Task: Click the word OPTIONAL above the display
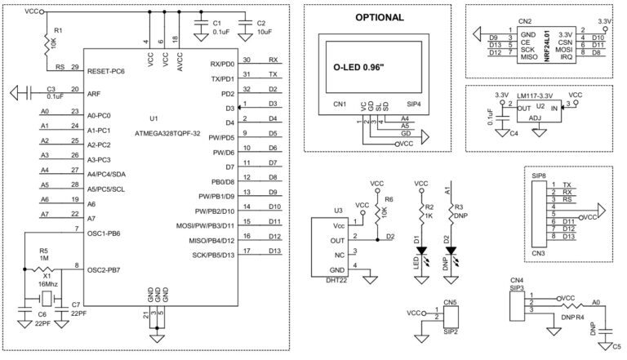[x=378, y=17]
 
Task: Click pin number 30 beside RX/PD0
[x=247, y=60]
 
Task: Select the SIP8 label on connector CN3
[x=539, y=176]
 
